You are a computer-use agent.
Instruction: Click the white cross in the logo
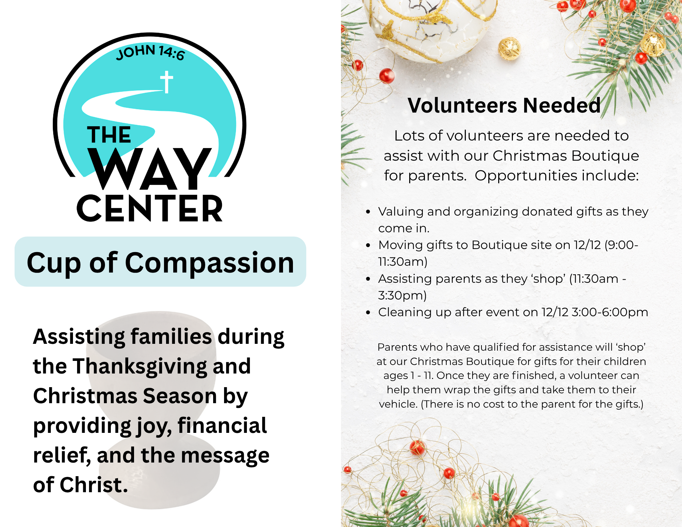[x=166, y=82]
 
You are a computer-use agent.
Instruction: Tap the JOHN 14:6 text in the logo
[x=150, y=52]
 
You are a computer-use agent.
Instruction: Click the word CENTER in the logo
[x=150, y=208]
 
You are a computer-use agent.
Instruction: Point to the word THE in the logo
[x=109, y=135]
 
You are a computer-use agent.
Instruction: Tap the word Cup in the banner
[x=54, y=264]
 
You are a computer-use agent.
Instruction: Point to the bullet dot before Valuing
[x=368, y=212]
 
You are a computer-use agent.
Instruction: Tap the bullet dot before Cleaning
[x=368, y=312]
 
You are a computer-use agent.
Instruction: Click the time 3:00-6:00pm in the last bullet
[x=610, y=312]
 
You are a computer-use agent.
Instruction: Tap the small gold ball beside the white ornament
[x=509, y=49]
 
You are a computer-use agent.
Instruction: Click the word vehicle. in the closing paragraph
[x=398, y=404]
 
